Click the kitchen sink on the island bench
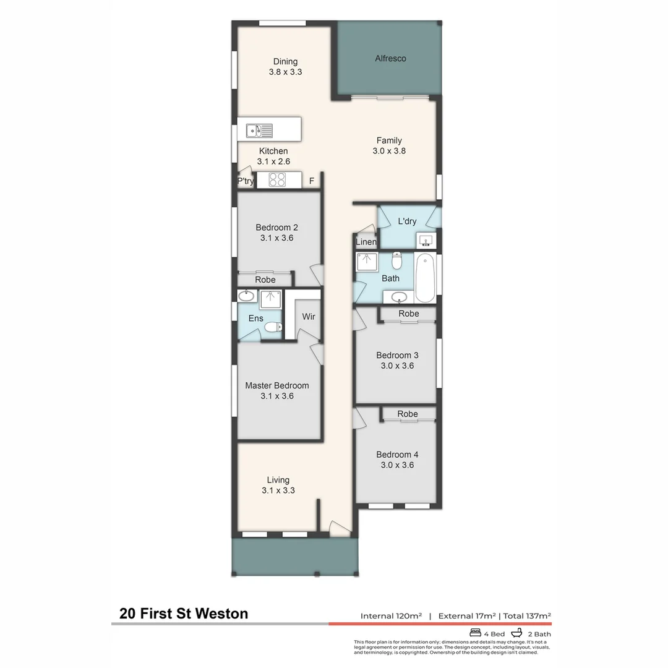pos(259,131)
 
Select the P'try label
pos(246,181)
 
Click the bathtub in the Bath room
pos(425,278)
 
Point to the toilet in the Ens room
pos(273,327)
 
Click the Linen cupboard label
pos(366,242)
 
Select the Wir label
pos(309,317)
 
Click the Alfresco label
pos(391,58)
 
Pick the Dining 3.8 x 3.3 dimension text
pos(285,72)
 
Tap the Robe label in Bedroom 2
pos(265,280)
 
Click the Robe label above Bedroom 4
pos(408,414)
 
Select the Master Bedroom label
pos(277,385)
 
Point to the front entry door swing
pos(339,528)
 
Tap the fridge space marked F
pos(312,181)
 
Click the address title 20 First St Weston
pos(184,614)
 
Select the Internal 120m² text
pos(391,615)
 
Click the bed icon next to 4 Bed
pos(476,633)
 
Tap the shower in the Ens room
pos(270,299)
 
